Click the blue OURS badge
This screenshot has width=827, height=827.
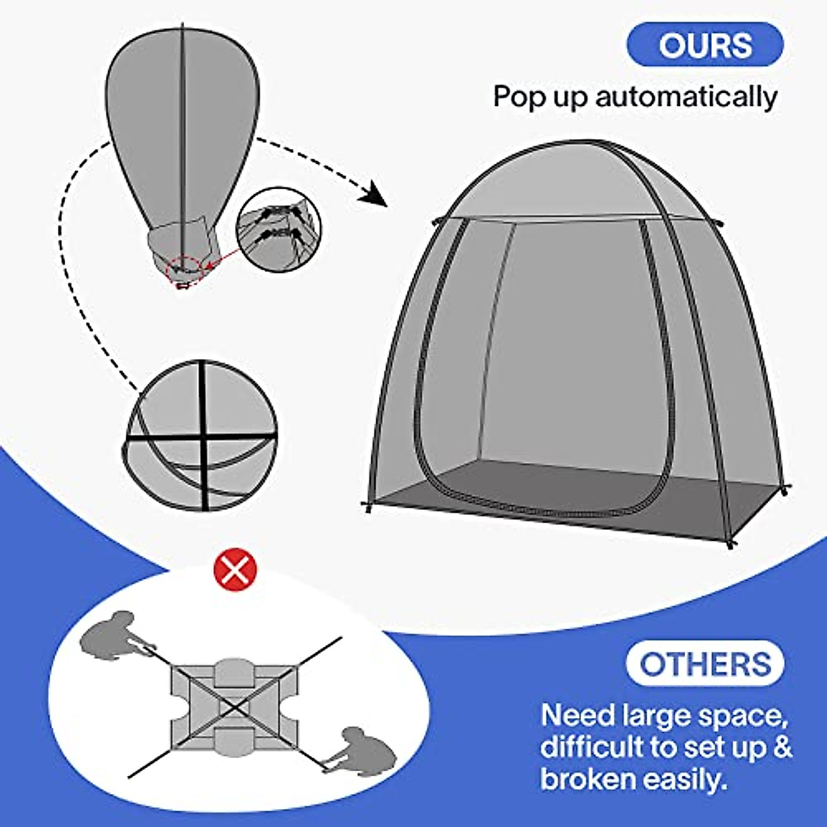tap(704, 45)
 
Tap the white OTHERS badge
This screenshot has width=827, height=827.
tap(704, 664)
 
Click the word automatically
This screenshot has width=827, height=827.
tap(686, 96)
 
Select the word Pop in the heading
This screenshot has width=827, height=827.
tap(519, 96)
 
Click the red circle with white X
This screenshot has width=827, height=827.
tap(236, 571)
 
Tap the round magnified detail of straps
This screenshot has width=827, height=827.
tap(278, 229)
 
